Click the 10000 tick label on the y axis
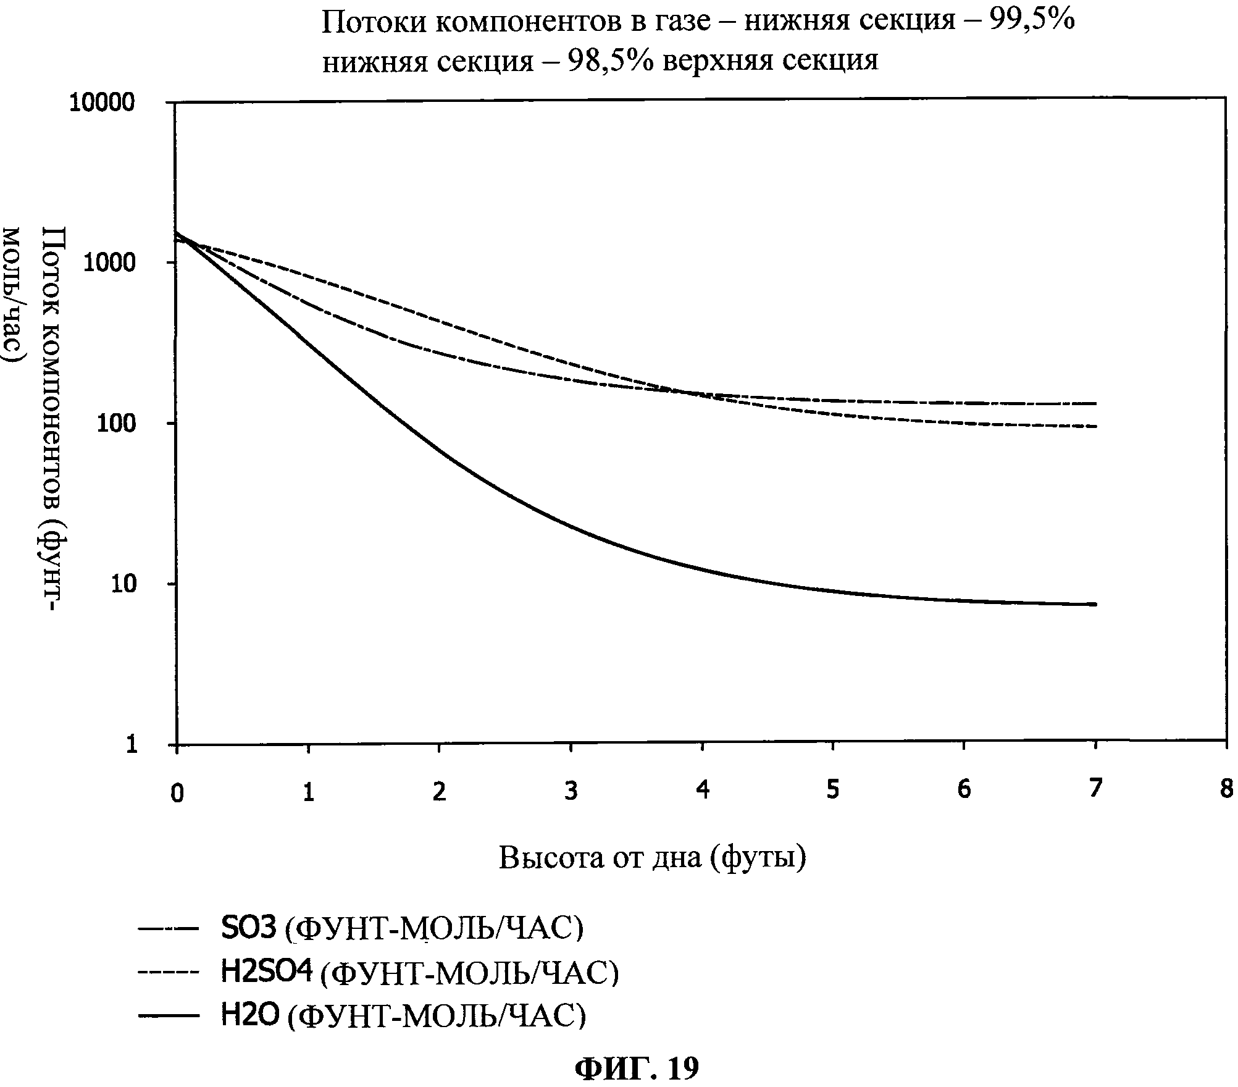tap(102, 103)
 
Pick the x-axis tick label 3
tap(571, 791)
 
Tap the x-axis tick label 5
tap(834, 790)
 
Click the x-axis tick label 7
tap(1095, 789)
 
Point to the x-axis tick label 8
tap(1228, 790)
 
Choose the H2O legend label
tap(403, 1015)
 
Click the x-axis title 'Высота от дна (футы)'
tap(652, 858)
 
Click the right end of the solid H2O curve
tap(1095, 604)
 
